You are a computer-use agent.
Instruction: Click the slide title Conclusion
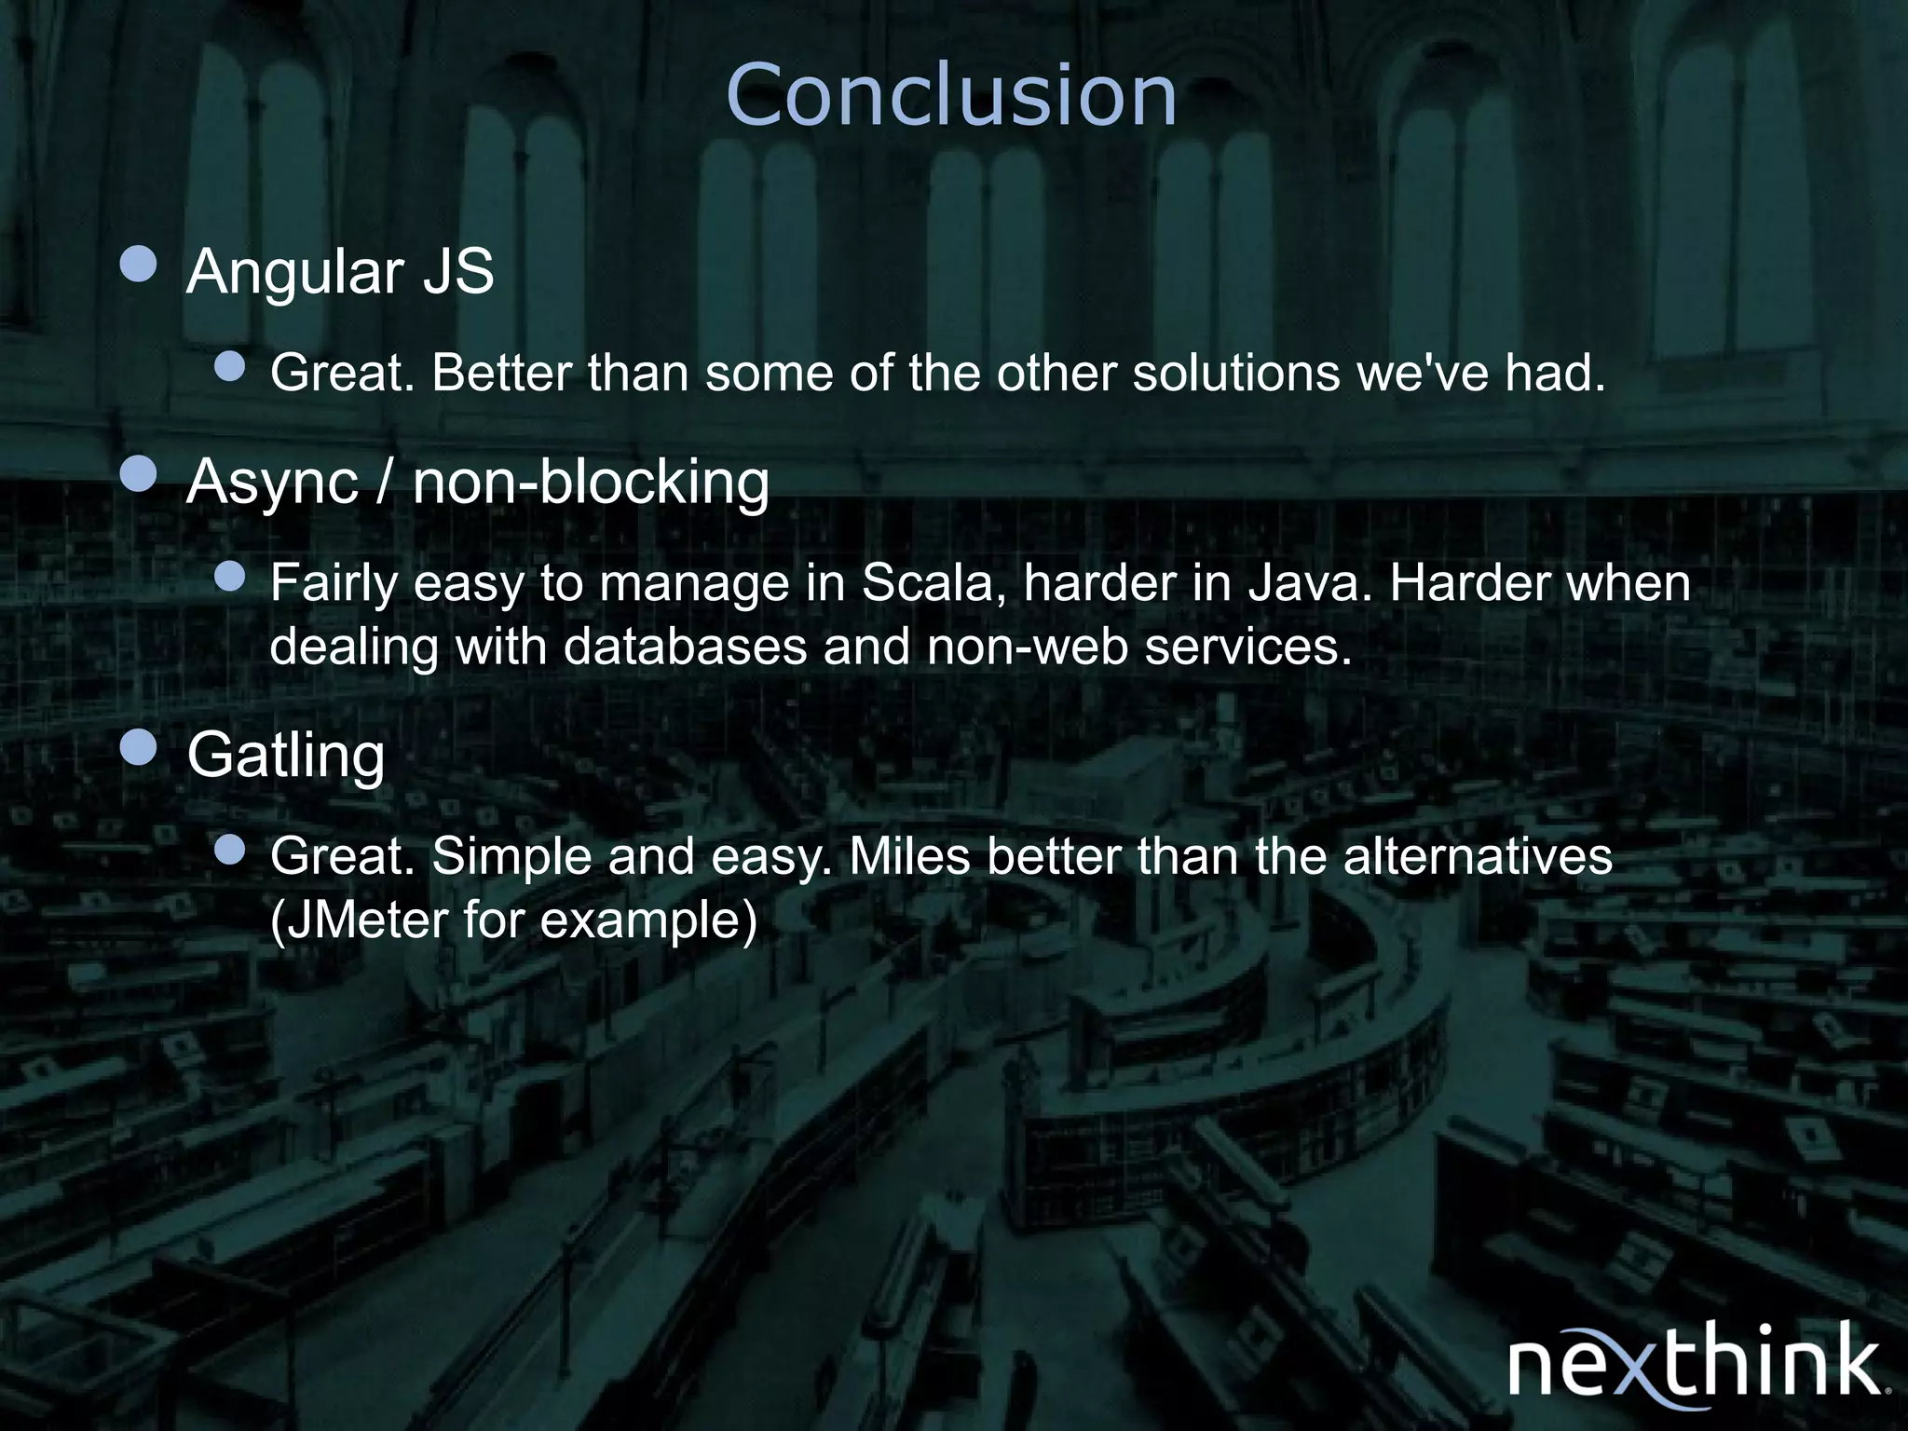coord(951,95)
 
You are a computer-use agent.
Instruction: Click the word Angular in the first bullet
coord(295,272)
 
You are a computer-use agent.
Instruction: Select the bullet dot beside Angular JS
coord(139,265)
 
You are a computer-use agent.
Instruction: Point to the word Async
coord(272,483)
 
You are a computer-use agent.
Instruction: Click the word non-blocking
coord(591,483)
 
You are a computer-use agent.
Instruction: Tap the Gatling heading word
coord(286,755)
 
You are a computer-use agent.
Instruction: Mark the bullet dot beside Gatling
coord(139,747)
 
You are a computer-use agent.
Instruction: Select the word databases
coord(685,646)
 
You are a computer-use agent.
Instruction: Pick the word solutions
coord(1236,374)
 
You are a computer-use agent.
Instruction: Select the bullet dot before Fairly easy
coord(229,577)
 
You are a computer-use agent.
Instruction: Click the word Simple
coord(511,856)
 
